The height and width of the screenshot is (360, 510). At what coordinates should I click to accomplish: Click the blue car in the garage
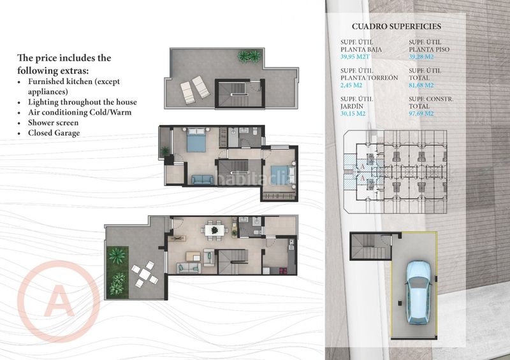click(419, 292)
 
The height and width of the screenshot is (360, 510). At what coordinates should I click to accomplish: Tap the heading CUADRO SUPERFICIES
click(397, 26)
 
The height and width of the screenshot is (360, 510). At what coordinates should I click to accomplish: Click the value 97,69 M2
click(421, 113)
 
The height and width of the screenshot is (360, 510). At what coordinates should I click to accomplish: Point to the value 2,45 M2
click(351, 85)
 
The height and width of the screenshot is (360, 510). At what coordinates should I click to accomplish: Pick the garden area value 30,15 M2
click(353, 113)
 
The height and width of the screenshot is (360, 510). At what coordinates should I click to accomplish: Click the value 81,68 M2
click(421, 85)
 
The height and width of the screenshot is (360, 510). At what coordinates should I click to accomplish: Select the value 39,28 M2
click(421, 57)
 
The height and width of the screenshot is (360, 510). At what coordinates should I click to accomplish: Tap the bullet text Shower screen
click(54, 122)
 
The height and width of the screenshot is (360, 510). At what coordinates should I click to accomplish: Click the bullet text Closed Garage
click(54, 133)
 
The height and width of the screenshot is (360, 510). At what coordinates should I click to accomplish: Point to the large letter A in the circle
click(59, 301)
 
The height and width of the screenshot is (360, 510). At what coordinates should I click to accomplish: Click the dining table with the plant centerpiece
click(215, 231)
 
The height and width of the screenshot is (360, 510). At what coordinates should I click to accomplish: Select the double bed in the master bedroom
click(196, 140)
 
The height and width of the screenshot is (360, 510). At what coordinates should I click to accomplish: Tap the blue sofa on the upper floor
click(202, 180)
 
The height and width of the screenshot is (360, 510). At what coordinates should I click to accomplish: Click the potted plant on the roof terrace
click(249, 56)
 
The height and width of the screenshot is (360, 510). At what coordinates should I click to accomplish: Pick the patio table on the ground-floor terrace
click(145, 275)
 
